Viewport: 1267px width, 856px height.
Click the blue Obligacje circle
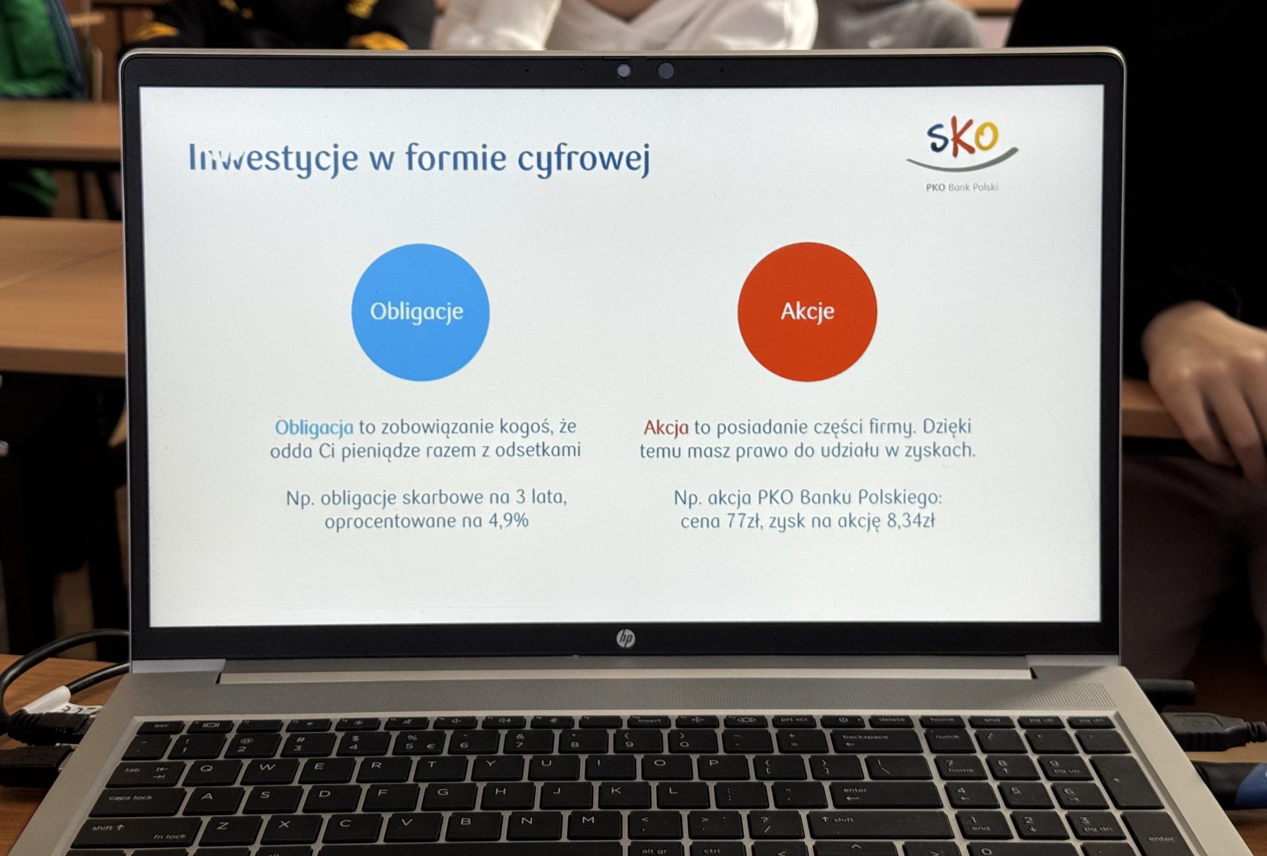(420, 312)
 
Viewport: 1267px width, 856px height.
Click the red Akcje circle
(807, 312)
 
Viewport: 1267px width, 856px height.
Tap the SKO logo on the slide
(962, 147)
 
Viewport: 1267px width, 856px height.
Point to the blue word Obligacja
(314, 428)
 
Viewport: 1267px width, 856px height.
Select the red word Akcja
(666, 428)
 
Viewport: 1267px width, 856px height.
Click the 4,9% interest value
(508, 521)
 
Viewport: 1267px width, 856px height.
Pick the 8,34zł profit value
(911, 521)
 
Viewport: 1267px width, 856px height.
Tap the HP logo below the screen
(625, 638)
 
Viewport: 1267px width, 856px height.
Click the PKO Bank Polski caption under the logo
(961, 187)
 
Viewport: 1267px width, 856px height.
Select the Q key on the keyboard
(207, 769)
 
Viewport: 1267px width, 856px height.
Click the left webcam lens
(624, 71)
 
